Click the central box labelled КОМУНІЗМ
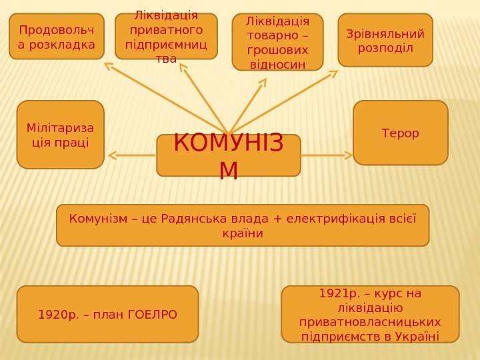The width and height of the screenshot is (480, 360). click(229, 155)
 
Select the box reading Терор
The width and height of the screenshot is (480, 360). click(400, 133)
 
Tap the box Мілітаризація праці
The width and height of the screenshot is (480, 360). click(60, 134)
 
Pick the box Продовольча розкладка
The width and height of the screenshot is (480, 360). click(57, 37)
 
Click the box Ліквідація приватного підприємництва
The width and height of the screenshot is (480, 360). click(166, 37)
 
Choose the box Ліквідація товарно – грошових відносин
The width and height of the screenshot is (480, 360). click(277, 42)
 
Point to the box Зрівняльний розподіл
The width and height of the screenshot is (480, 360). click(385, 40)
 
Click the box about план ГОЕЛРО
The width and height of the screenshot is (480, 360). click(107, 314)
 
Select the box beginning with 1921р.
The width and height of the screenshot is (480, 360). click(371, 314)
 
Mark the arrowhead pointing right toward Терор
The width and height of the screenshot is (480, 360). click(349, 155)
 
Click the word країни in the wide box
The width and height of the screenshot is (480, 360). click(243, 234)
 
